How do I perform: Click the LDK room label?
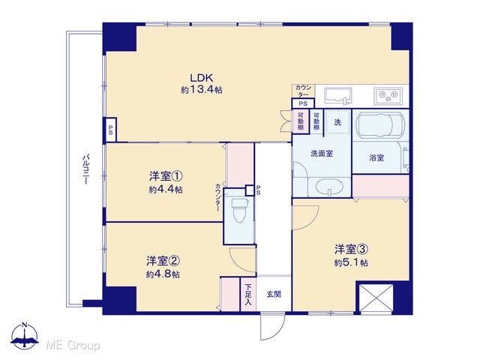(202, 78)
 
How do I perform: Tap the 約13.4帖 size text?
(202, 90)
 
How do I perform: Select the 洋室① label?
(166, 176)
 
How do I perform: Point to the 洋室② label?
(163, 261)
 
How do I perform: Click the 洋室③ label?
(351, 250)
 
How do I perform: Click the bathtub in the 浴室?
(380, 125)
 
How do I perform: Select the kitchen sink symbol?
(337, 96)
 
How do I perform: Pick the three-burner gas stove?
(388, 96)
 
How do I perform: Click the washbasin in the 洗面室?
(329, 187)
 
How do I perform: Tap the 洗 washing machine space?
(337, 121)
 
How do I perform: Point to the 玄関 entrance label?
(274, 295)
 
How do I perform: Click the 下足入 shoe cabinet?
(248, 294)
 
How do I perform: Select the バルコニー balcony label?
(85, 169)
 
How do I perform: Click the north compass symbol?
(25, 336)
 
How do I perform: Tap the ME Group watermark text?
(73, 345)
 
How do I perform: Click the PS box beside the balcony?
(110, 130)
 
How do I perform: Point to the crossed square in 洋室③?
(376, 298)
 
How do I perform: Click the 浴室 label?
(376, 157)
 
